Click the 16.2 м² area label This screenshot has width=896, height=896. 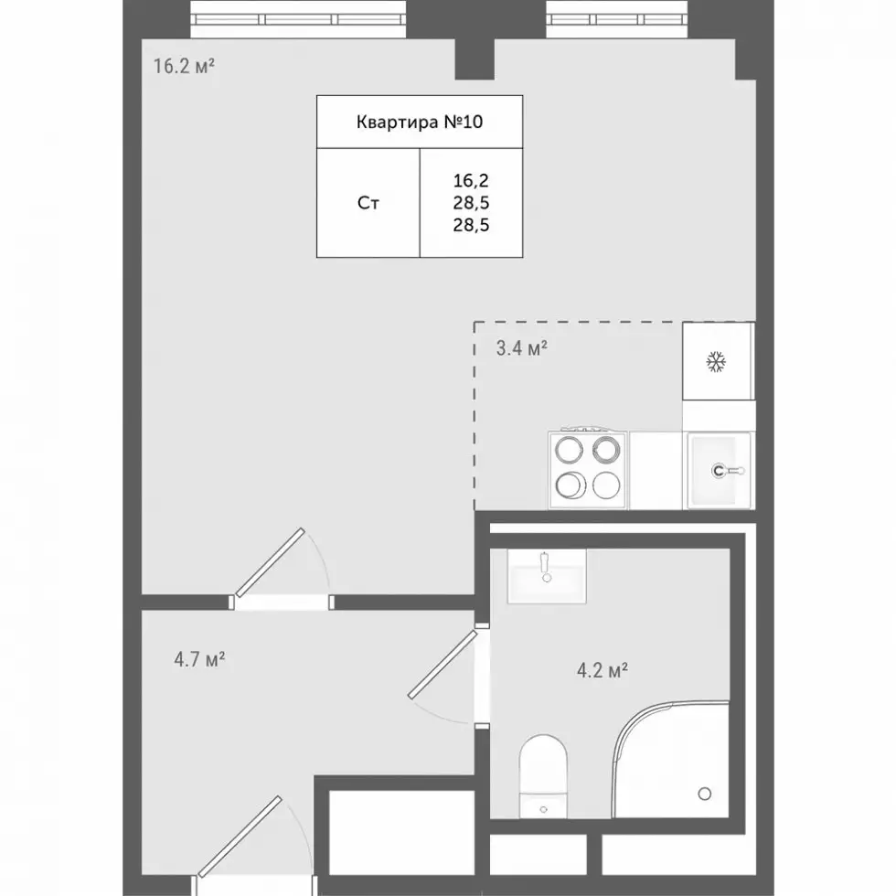click(x=184, y=66)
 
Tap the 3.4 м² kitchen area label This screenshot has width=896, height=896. click(x=522, y=347)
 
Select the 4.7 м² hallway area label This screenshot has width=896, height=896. click(x=199, y=659)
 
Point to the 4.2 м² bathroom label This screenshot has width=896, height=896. click(x=603, y=669)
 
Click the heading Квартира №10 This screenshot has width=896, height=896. click(x=420, y=122)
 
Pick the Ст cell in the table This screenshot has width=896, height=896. click(x=368, y=203)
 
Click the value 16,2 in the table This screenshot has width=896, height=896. click(x=471, y=181)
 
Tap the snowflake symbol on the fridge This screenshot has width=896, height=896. click(x=716, y=362)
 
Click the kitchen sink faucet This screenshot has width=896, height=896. click(x=727, y=471)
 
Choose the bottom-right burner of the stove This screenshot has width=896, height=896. click(x=606, y=486)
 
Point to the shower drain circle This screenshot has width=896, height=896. click(x=705, y=794)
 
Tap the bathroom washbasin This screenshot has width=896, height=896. click(x=547, y=576)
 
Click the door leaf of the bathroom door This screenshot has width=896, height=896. click(x=443, y=664)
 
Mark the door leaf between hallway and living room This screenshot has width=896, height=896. click(x=270, y=562)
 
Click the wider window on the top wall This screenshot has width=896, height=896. click(x=298, y=19)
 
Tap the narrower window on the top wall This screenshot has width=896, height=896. click(x=616, y=19)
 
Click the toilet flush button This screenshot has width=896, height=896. click(x=543, y=809)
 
